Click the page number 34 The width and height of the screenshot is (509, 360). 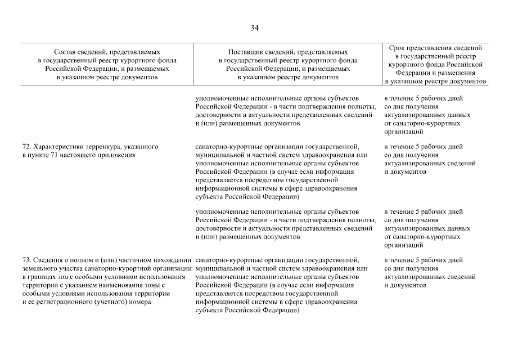coord(254,28)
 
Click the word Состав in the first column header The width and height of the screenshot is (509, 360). coord(65,52)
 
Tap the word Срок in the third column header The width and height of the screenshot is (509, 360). coord(397,48)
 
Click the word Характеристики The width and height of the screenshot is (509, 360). coord(59,147)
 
